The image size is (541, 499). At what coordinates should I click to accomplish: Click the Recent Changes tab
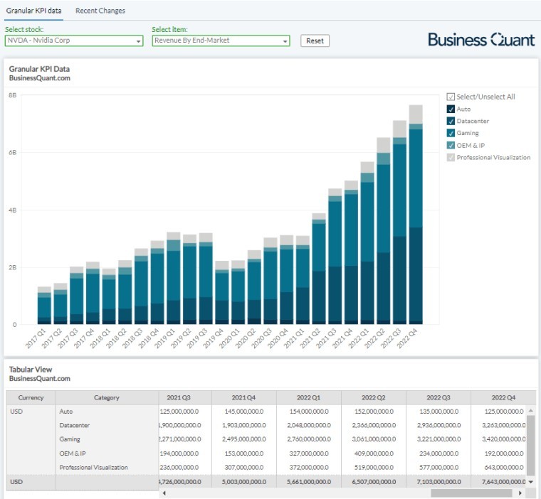[x=100, y=11]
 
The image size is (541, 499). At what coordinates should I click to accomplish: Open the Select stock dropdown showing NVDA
[x=74, y=41]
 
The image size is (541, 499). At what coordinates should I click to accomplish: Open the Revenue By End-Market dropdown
[x=221, y=41]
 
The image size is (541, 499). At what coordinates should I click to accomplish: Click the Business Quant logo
[x=481, y=40]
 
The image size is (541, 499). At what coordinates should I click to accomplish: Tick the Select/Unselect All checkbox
[x=451, y=97]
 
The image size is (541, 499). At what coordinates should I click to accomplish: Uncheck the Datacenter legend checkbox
[x=451, y=121]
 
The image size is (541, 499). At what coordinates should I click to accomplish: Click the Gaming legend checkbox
[x=451, y=133]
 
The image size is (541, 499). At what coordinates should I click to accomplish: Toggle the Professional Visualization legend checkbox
[x=451, y=157]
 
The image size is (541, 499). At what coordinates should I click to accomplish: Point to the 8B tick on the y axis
[x=13, y=95]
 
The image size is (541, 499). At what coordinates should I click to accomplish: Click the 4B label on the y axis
[x=13, y=210]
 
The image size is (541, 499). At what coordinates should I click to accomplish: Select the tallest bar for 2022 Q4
[x=416, y=213]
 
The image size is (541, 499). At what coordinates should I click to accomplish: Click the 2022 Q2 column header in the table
[x=373, y=398]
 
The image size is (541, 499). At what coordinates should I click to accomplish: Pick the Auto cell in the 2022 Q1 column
[x=308, y=412]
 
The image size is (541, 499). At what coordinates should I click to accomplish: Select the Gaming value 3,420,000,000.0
[x=503, y=439]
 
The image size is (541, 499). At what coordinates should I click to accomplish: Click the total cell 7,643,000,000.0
[x=503, y=483]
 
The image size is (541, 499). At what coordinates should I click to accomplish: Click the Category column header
[x=107, y=398]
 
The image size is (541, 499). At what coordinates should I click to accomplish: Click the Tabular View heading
[x=31, y=370]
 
